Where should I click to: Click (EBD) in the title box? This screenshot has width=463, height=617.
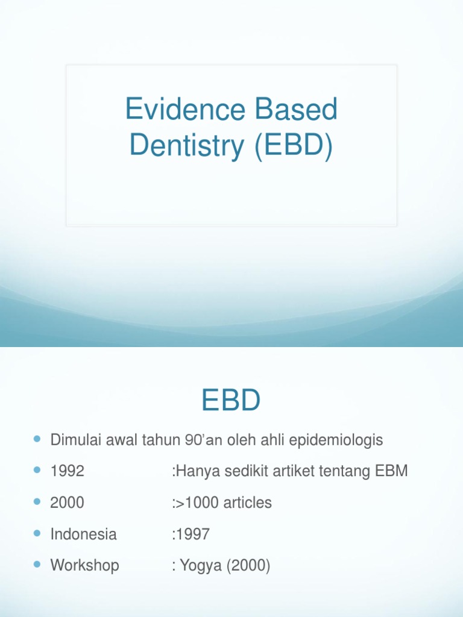[x=294, y=147]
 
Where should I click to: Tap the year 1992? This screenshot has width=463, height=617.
[x=67, y=471]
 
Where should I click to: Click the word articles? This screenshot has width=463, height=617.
[x=247, y=503]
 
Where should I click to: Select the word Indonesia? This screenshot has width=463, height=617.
[x=83, y=534]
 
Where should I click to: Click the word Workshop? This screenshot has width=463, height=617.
[x=84, y=565]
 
